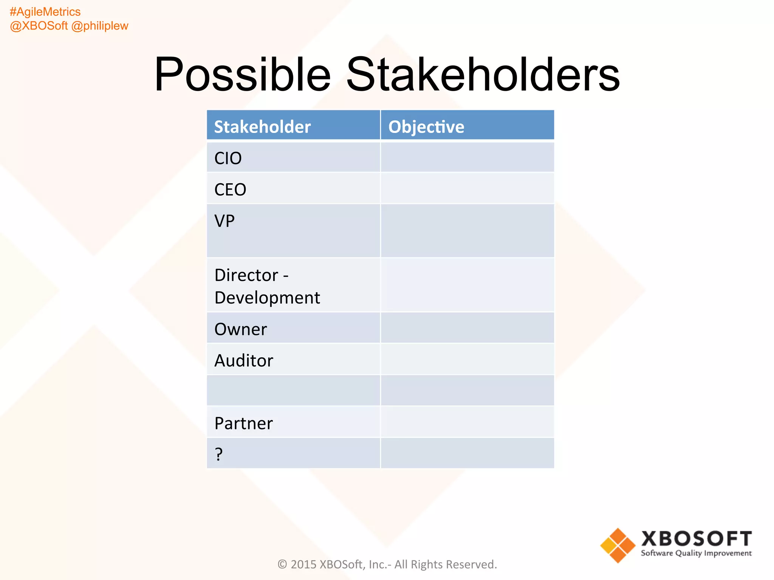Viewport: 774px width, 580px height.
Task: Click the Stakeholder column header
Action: point(262,127)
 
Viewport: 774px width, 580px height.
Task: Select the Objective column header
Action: point(426,127)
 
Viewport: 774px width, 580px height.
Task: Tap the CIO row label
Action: point(228,158)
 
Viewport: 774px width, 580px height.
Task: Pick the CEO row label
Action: point(230,190)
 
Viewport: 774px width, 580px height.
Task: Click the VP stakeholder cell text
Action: point(224,221)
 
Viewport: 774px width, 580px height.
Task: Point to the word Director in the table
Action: point(246,275)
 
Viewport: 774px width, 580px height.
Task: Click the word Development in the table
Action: point(267,298)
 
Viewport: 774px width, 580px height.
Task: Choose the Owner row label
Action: point(241,329)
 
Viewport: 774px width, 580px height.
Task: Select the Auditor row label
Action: point(244,361)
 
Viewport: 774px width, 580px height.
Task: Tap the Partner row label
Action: point(243,423)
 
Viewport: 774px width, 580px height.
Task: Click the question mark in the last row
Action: point(219,454)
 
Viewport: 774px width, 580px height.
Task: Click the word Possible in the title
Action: point(242,74)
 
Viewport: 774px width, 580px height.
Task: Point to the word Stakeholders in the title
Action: point(483,74)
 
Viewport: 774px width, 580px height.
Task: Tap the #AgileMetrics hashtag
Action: point(45,12)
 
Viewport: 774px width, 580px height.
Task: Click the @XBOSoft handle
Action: point(39,26)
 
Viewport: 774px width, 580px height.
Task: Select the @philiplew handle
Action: point(100,26)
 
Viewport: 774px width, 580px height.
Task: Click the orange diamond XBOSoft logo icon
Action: point(618,545)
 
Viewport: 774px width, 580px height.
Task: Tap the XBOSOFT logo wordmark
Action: point(696,538)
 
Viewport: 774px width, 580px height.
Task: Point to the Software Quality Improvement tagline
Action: point(696,553)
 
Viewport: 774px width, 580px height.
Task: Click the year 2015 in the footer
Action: point(303,564)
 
